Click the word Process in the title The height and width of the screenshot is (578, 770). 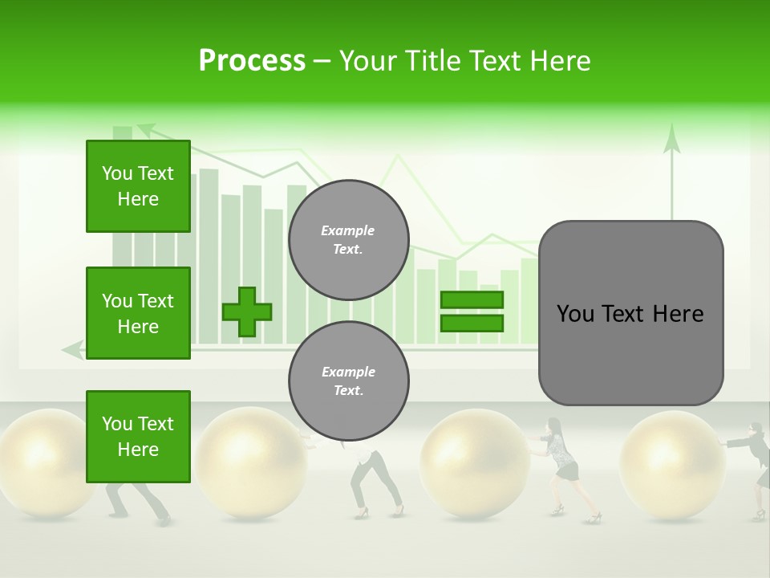(252, 61)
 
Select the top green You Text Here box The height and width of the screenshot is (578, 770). (138, 186)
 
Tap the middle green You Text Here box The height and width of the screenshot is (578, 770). (138, 313)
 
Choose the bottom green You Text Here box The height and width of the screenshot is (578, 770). (138, 437)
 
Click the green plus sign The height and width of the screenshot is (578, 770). (247, 311)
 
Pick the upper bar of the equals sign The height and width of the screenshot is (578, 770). (472, 299)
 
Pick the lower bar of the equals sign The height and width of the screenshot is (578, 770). (472, 324)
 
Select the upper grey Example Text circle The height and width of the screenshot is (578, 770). (348, 240)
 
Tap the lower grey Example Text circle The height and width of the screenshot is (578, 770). (348, 381)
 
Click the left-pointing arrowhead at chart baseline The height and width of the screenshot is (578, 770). (72, 349)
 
